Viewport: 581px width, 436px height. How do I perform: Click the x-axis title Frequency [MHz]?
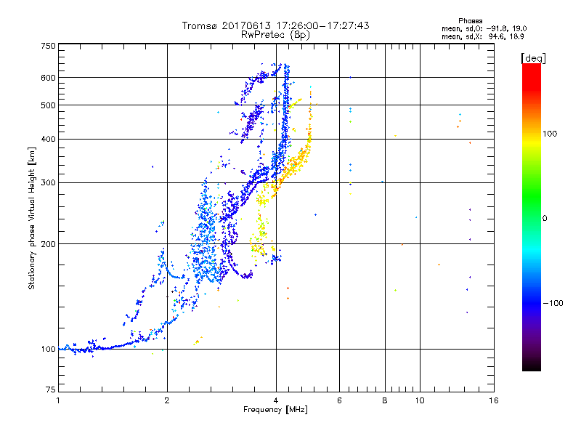[275, 410]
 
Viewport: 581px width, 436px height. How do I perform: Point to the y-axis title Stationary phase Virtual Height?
[32, 218]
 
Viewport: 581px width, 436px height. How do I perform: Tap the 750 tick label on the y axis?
[48, 46]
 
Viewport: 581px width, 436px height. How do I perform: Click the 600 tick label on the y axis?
[48, 78]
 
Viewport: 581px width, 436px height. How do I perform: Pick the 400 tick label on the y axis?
[48, 140]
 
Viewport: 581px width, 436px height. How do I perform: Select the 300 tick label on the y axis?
[48, 183]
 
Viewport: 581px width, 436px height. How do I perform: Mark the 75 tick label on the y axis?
[50, 389]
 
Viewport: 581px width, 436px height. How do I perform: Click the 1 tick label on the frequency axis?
[58, 400]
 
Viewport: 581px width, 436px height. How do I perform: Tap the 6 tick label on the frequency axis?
[339, 400]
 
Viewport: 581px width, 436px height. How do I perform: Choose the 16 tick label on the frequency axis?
[494, 400]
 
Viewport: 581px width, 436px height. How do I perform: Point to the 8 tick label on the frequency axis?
[384, 400]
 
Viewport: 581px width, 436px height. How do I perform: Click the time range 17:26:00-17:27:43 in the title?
[317, 25]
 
